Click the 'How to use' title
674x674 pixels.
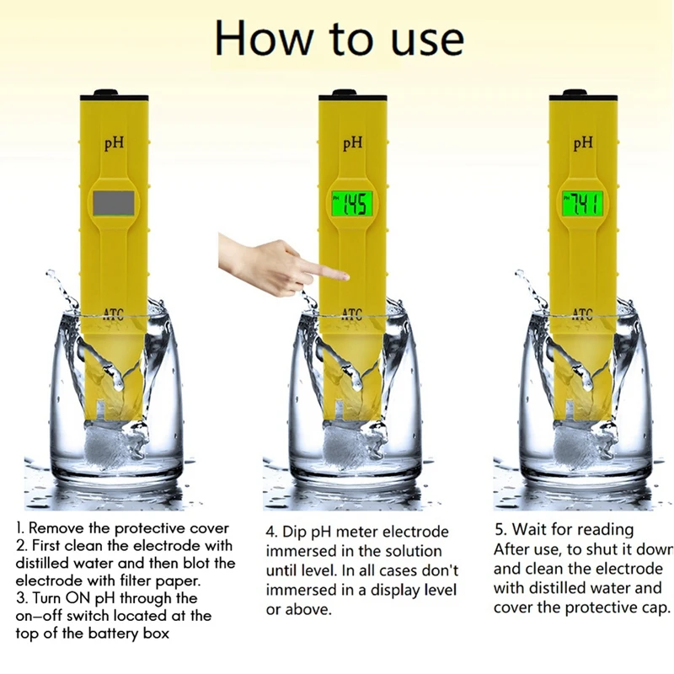tap(339, 39)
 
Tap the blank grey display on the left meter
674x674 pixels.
tap(113, 203)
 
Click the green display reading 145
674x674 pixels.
tap(351, 203)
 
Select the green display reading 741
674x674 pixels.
tap(582, 203)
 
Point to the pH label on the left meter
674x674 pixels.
tap(115, 144)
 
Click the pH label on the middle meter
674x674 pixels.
tap(353, 144)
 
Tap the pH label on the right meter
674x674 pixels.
tap(583, 144)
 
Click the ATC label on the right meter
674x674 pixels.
tap(582, 315)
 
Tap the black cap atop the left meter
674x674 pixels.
tap(104, 93)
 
